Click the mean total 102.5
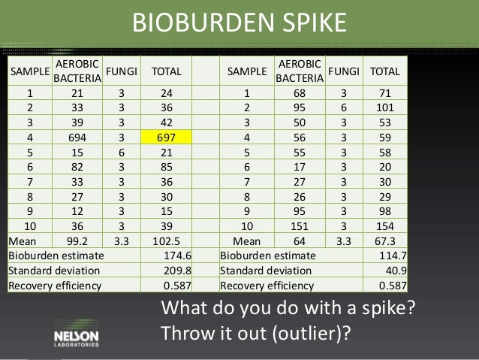[x=171, y=242]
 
